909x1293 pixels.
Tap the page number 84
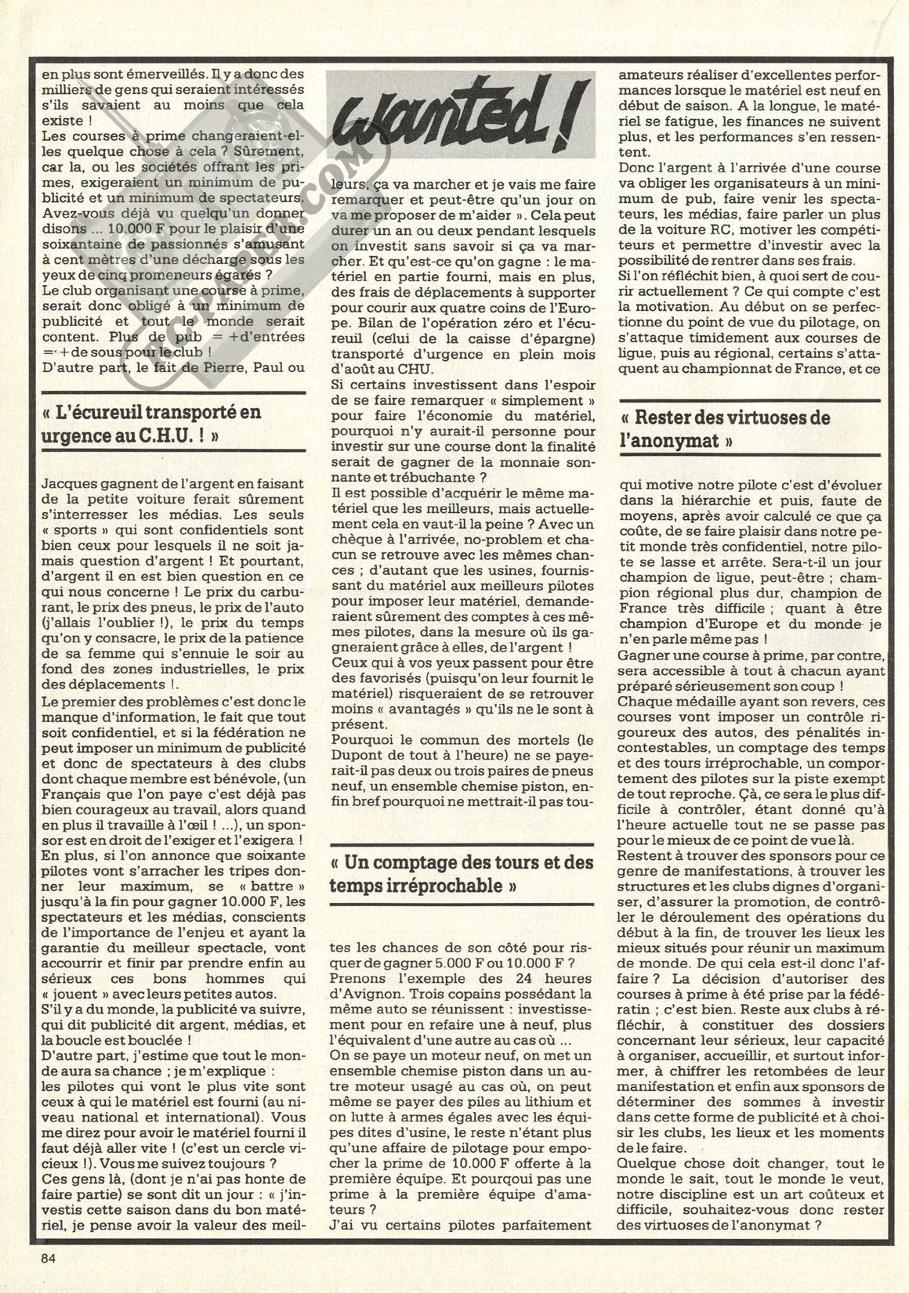[x=53, y=1259]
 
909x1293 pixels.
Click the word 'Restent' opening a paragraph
[x=640, y=857]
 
